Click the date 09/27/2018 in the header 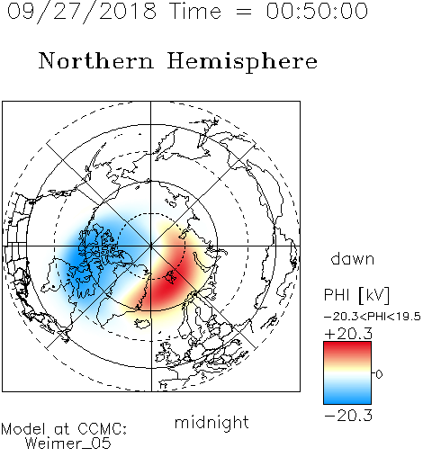[x=82, y=12]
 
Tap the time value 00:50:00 [x=317, y=11]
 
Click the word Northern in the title [x=96, y=60]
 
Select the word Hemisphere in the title [x=242, y=62]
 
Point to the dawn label [x=353, y=258]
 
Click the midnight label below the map [x=211, y=422]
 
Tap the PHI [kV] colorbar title [x=356, y=295]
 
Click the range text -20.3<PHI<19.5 [x=373, y=317]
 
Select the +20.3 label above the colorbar [x=348, y=334]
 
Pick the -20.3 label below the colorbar [x=348, y=416]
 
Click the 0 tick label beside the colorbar [x=379, y=374]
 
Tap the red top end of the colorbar [x=347, y=345]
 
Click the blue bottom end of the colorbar [x=347, y=400]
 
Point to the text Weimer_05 [x=68, y=444]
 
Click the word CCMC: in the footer [x=102, y=429]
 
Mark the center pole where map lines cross [x=150, y=246]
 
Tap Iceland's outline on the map [x=142, y=323]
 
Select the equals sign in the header [x=244, y=12]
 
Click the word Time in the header [x=195, y=11]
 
